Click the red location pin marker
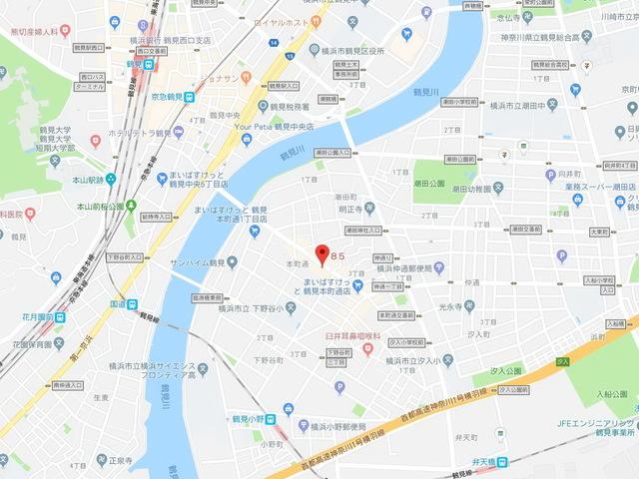coord(320,253)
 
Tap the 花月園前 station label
coord(32,316)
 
